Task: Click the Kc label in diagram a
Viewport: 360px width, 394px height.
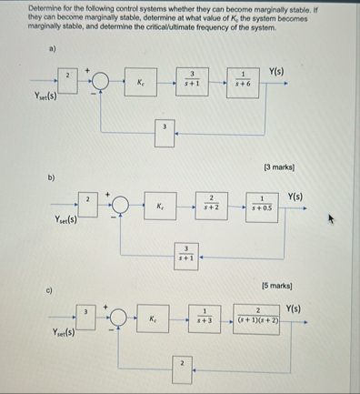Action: (x=142, y=83)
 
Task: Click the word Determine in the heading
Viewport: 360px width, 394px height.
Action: (x=35, y=7)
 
